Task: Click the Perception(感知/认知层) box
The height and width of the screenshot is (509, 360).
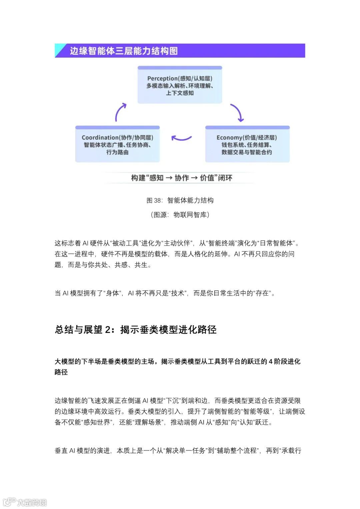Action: tap(180, 85)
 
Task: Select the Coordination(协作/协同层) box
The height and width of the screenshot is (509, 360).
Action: tap(117, 144)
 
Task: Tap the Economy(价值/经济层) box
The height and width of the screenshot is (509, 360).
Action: tap(247, 144)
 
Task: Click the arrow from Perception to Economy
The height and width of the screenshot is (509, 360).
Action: tap(237, 113)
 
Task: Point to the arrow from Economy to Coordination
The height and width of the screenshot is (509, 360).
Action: tap(181, 138)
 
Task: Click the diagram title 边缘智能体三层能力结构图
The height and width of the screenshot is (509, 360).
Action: tap(124, 51)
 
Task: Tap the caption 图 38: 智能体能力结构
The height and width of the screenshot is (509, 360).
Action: tap(180, 200)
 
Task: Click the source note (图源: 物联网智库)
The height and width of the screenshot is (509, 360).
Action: tap(180, 215)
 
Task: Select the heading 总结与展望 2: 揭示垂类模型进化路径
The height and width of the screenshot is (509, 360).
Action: tap(135, 330)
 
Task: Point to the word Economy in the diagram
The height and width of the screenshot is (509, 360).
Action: tap(229, 138)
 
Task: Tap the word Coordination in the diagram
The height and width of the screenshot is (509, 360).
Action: tap(100, 138)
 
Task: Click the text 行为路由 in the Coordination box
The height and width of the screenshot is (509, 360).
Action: tap(117, 152)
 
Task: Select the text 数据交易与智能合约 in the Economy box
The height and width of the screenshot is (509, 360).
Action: tap(247, 152)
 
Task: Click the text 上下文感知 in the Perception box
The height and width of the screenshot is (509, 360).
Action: tap(180, 93)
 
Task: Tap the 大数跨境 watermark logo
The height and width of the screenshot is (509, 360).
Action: tap(25, 502)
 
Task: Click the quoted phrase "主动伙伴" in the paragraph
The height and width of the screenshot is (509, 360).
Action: tap(177, 243)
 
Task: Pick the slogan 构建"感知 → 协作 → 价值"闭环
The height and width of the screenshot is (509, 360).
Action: tap(181, 178)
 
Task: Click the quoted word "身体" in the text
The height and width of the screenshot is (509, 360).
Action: tap(112, 293)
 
